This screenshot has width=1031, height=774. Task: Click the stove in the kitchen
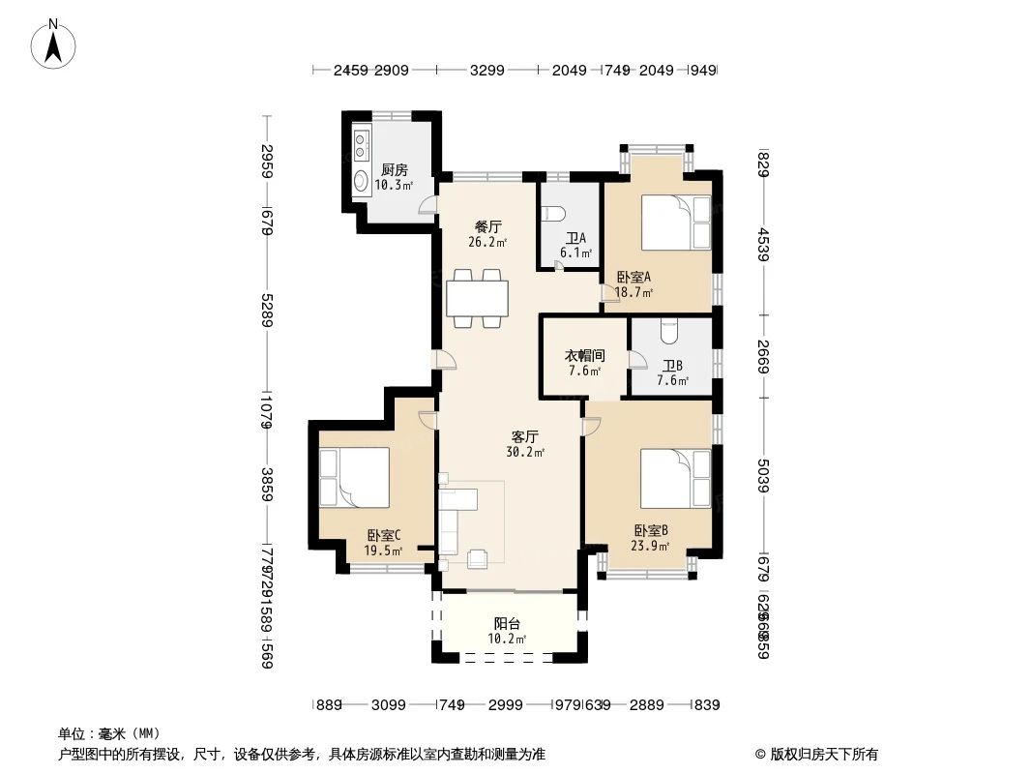(361, 145)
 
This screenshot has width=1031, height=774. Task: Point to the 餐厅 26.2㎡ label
(486, 234)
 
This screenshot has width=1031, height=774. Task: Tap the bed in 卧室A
(676, 222)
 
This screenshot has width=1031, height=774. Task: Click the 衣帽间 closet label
(584, 362)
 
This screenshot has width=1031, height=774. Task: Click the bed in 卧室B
(675, 477)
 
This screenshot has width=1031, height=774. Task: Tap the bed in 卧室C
(354, 477)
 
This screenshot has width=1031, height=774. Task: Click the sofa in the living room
(451, 522)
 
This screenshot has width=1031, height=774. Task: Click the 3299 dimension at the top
(486, 71)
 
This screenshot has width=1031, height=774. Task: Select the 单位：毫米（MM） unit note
(109, 733)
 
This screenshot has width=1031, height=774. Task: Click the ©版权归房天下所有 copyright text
(816, 754)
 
